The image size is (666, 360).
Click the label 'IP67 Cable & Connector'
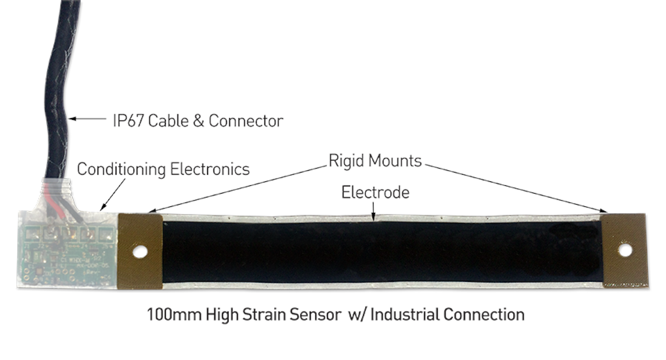pyautogui.click(x=196, y=120)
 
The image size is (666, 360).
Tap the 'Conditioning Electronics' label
pyautogui.click(x=163, y=169)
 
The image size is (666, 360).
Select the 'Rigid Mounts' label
pyautogui.click(x=375, y=161)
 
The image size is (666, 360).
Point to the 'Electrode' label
pyautogui.click(x=375, y=192)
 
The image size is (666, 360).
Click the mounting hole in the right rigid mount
pyautogui.click(x=625, y=250)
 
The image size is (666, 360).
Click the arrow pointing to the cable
pyautogui.click(x=88, y=119)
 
